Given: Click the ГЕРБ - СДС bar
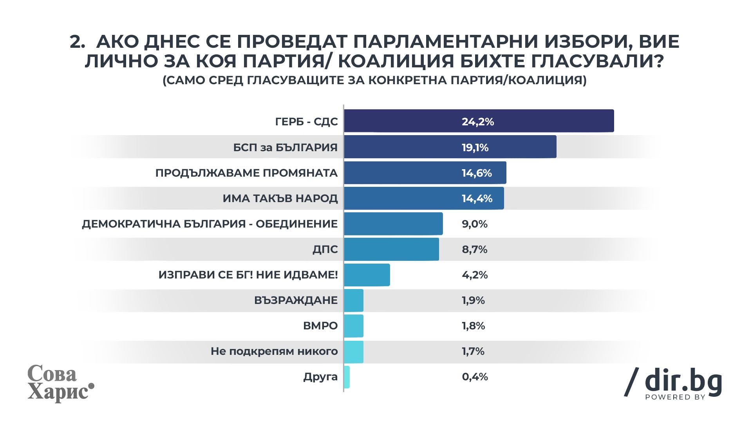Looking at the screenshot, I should point(479,121).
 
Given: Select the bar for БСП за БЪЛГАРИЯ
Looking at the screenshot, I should point(450,147).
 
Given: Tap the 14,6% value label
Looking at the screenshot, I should point(477,173).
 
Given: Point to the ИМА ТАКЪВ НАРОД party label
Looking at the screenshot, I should point(280,199).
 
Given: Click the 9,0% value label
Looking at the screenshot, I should point(475,224).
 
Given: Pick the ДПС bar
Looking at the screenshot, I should point(392,249).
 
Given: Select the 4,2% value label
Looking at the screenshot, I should point(475,275).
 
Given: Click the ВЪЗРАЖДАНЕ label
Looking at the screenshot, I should point(296,300).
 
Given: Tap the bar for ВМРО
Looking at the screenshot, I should point(354,326).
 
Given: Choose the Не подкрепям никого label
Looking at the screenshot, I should point(274,351).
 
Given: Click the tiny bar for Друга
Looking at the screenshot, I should point(347,377).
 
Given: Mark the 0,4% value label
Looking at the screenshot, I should point(475,377).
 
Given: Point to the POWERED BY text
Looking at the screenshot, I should point(675,397).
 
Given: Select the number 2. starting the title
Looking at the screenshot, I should point(77,42).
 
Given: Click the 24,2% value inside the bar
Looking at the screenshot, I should point(478,122).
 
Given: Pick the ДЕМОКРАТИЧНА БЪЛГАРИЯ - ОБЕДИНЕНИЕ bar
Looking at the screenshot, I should point(393,224).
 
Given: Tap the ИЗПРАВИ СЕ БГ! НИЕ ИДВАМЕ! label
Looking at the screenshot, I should point(248,275).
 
